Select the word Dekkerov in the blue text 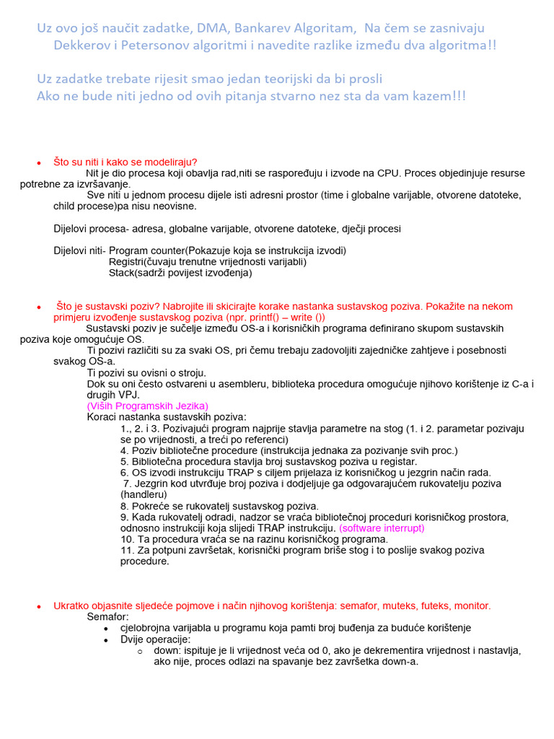(83, 45)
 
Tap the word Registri (126, 262)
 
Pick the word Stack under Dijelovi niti (120, 273)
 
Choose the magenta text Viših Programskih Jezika (148, 406)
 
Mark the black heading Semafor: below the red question (108, 617)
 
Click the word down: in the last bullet (167, 650)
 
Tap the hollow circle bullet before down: (140, 651)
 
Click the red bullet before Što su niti (39, 162)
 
